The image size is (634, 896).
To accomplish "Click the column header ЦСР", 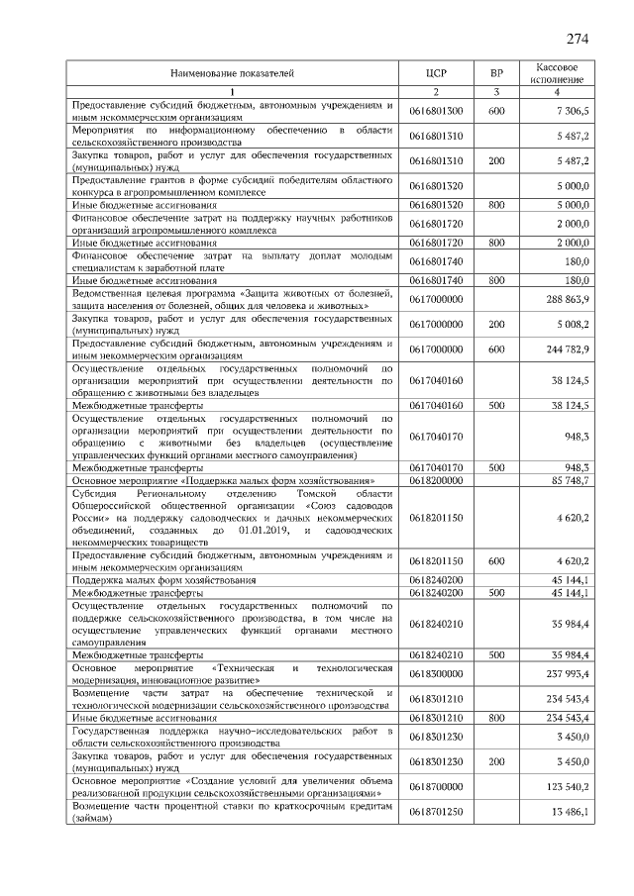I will (x=435, y=73).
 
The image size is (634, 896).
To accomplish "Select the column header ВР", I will (x=496, y=73).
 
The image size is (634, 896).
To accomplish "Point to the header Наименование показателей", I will (x=233, y=73).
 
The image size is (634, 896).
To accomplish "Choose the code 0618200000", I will (x=435, y=480).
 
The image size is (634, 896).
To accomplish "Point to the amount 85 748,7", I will (x=571, y=480).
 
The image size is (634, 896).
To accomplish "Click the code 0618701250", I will (x=435, y=813).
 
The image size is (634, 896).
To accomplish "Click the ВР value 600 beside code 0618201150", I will (x=496, y=561).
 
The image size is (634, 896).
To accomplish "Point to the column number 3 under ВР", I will (x=496, y=92).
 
